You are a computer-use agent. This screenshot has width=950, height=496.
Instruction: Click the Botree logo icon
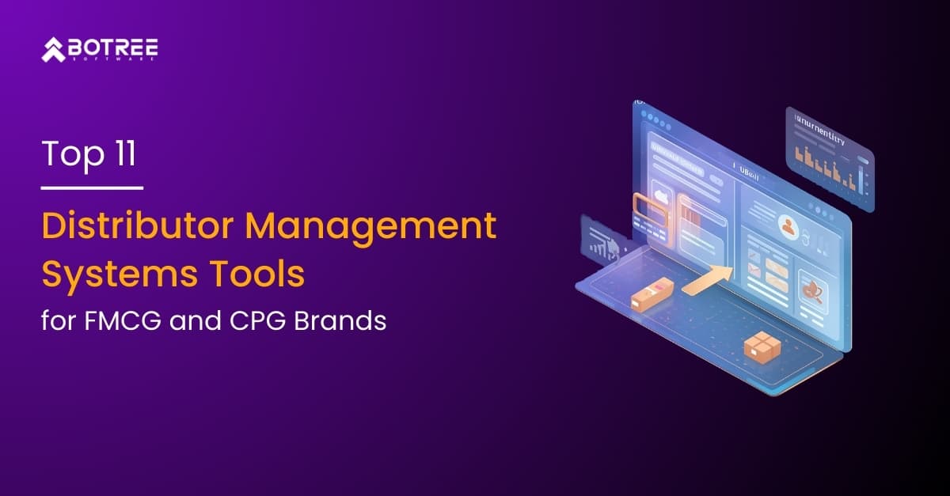point(54,50)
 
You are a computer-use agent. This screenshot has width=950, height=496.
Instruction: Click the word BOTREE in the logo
point(114,47)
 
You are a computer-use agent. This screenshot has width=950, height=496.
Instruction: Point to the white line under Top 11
point(92,188)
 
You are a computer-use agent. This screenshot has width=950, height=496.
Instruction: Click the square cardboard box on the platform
point(762,346)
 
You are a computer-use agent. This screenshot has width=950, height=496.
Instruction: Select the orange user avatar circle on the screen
point(788,226)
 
